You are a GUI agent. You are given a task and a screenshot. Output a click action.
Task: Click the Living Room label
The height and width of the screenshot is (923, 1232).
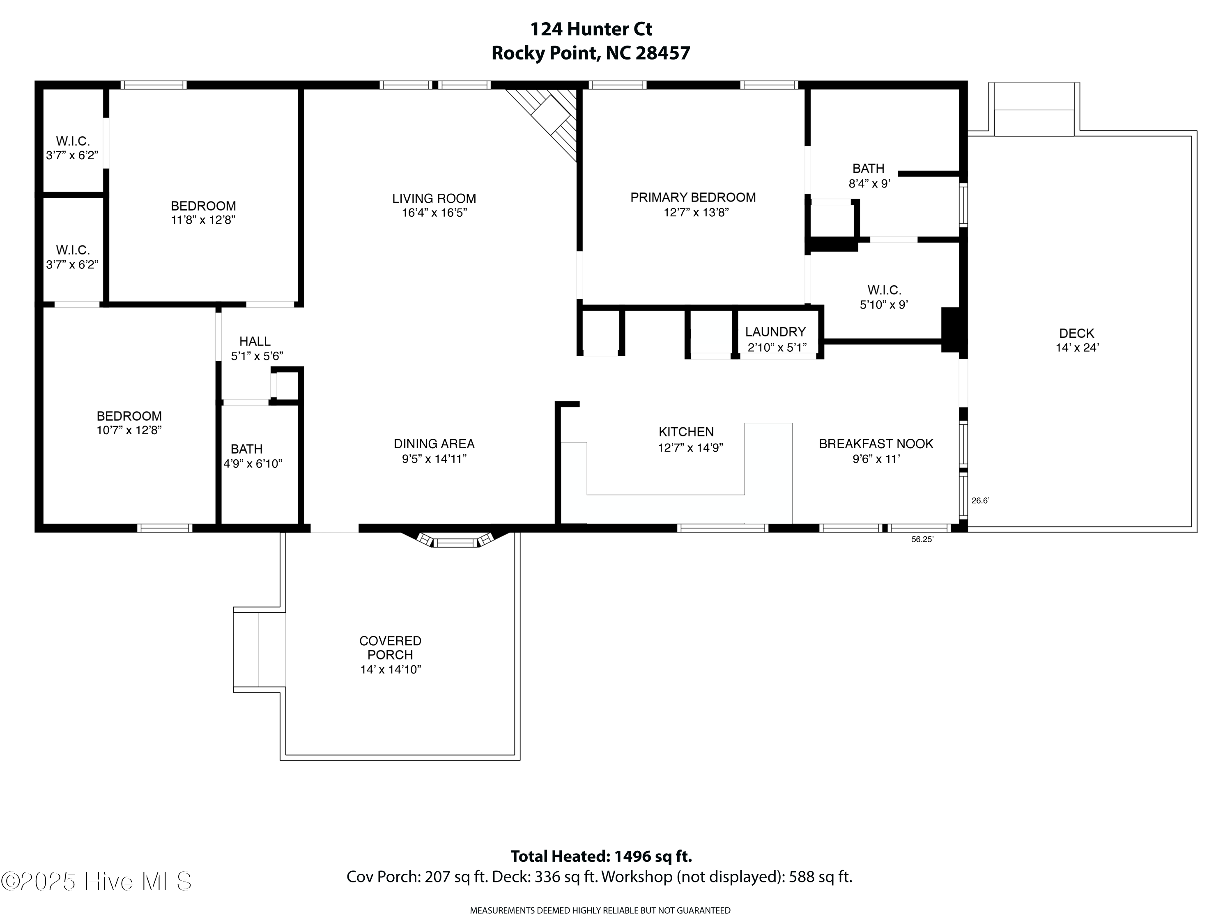(x=434, y=199)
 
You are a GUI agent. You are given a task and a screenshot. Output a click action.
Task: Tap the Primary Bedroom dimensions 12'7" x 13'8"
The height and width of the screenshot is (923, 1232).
(x=696, y=212)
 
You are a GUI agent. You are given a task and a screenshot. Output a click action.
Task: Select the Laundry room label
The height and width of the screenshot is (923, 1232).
(x=775, y=332)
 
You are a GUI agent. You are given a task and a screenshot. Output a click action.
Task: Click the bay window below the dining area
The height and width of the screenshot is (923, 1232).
(x=455, y=541)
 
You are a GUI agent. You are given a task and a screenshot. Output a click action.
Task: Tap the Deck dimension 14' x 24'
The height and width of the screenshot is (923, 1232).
(x=1077, y=348)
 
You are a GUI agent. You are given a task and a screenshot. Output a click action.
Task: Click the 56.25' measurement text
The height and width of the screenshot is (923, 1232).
(x=922, y=539)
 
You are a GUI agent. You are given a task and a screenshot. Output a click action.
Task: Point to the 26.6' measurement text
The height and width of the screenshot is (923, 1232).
(x=980, y=500)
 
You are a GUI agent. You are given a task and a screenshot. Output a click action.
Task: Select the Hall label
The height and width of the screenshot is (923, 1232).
(x=255, y=341)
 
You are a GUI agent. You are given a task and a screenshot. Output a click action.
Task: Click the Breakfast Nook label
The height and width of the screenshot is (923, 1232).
(x=876, y=444)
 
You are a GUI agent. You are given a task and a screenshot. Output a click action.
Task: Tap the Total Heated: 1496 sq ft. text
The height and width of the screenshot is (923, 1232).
(x=601, y=856)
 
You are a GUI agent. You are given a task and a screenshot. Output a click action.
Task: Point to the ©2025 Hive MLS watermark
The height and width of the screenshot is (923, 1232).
(x=97, y=881)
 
